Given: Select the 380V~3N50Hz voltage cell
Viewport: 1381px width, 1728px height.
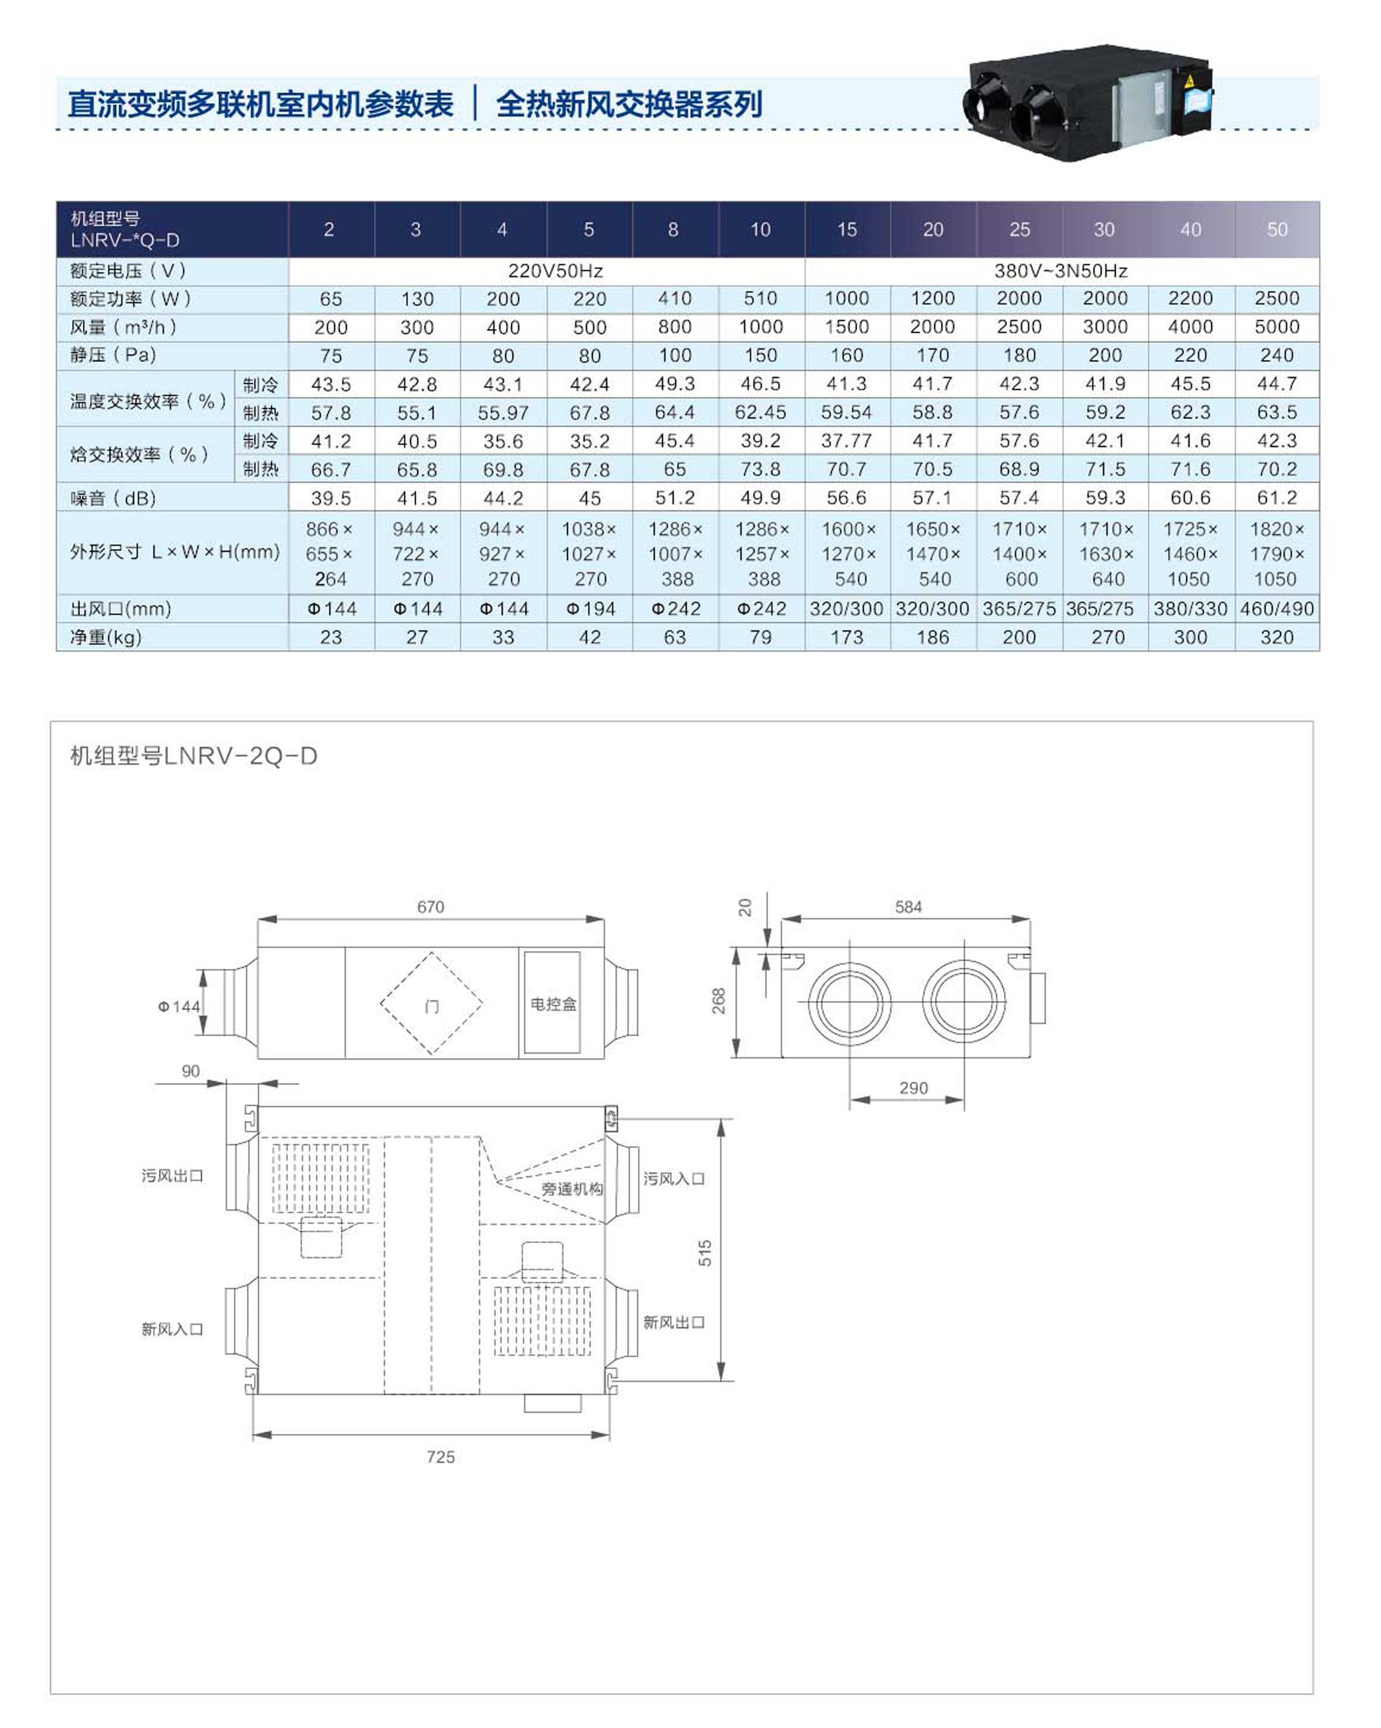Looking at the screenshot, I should click(x=1061, y=271).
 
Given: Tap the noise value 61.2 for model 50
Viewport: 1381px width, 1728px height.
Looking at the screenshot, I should click(x=1276, y=498).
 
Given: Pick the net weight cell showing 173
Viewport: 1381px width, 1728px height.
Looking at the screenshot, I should click(x=847, y=637).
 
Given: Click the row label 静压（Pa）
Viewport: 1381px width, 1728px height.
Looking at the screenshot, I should click(x=113, y=355).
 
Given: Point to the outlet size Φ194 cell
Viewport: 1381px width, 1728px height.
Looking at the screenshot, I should click(x=589, y=609).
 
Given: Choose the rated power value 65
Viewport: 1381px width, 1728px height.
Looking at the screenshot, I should click(x=331, y=299).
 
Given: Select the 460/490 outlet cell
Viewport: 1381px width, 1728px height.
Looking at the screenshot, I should click(x=1276, y=609).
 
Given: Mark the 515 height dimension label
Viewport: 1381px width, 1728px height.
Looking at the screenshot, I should click(x=705, y=1252).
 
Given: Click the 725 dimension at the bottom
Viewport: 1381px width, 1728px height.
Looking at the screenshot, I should click(x=440, y=1457).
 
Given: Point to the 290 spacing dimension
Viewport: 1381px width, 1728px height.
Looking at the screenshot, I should click(x=913, y=1088).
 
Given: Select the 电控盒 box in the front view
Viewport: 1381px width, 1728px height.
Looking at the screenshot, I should click(x=553, y=1004).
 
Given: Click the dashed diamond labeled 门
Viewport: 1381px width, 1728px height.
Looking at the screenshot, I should click(x=432, y=1004).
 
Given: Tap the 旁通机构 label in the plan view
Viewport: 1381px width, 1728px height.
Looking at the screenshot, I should click(x=572, y=1189).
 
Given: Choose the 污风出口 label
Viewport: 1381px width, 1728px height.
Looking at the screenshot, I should click(x=172, y=1176).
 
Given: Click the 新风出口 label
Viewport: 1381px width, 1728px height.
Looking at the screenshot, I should click(x=674, y=1322).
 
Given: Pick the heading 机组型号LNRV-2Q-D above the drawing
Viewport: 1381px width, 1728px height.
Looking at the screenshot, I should click(x=194, y=756).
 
